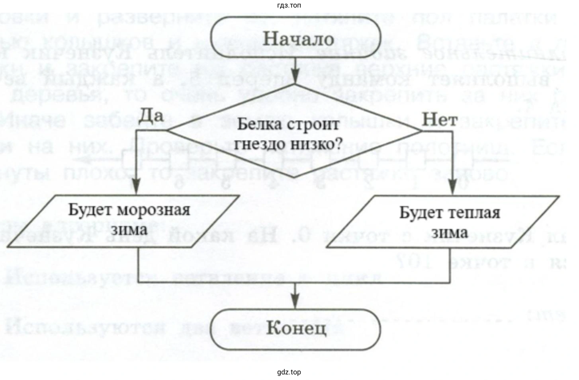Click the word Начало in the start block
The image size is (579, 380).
point(299,39)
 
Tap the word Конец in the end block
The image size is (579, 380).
point(296,329)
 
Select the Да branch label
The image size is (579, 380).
point(151,115)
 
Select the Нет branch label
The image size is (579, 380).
point(439,119)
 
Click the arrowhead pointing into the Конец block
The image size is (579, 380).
point(295,300)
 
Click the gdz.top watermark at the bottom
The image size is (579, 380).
point(289,372)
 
